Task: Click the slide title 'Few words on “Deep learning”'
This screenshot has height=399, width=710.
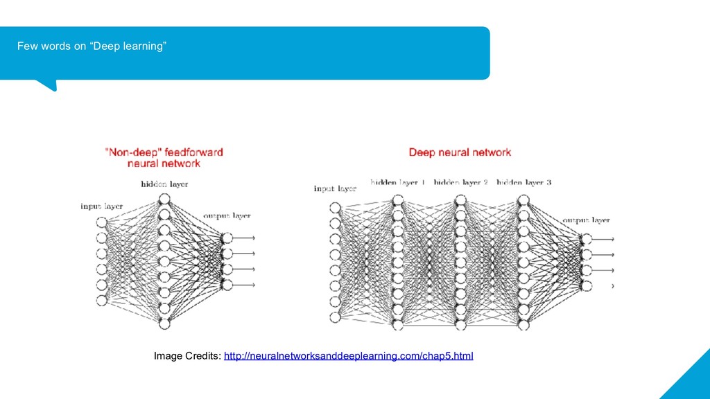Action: point(92,46)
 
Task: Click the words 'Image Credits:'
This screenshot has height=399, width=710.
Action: point(187,356)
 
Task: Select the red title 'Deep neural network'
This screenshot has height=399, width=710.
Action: point(459,152)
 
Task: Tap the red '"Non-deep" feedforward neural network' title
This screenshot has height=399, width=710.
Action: point(164,157)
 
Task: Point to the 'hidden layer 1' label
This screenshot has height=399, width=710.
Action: point(398,183)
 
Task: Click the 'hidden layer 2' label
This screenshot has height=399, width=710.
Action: point(461,183)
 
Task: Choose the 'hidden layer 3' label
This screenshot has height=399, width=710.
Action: point(524,183)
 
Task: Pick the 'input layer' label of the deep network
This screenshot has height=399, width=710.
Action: point(335,188)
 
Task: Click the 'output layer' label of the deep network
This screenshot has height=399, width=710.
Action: point(586,220)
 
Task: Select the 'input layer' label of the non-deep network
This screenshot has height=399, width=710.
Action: point(102,206)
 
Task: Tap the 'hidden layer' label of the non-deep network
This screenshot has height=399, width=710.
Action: point(164,184)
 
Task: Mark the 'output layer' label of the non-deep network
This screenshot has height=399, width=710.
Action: point(227,216)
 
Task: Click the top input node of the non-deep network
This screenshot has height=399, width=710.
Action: point(102,222)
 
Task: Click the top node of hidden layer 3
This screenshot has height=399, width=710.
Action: point(523,200)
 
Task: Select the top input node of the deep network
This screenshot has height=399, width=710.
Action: point(336,208)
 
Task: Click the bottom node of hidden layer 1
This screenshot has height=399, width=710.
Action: point(398,324)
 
